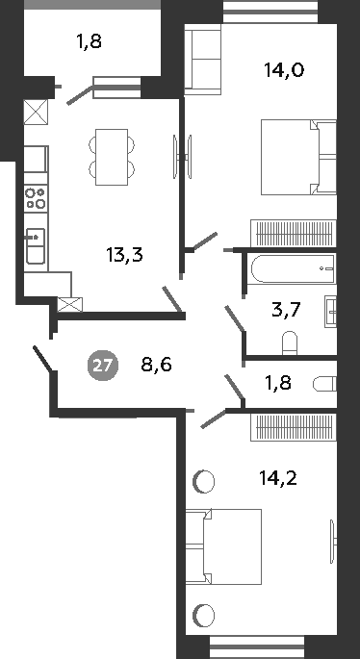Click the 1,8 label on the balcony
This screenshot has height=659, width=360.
coord(89,41)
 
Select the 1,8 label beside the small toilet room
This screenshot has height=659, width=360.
coord(278,384)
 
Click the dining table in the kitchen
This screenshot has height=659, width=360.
coord(115,157)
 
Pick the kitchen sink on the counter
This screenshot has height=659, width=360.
coord(35,244)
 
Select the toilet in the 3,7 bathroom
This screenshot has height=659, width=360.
coord(290,342)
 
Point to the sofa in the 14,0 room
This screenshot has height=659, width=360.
coord(202,61)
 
